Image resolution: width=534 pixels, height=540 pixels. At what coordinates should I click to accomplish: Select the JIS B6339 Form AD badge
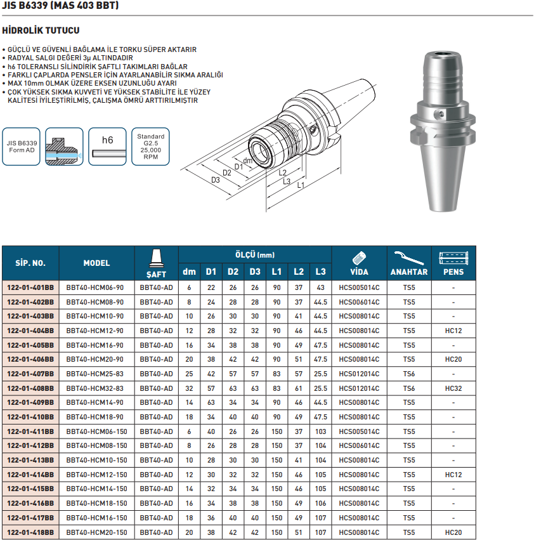pyautogui.click(x=22, y=147)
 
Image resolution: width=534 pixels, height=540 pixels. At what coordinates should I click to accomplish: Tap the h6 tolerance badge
pyautogui.click(x=108, y=147)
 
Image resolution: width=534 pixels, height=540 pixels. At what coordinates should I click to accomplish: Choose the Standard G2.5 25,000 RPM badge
pyautogui.click(x=151, y=147)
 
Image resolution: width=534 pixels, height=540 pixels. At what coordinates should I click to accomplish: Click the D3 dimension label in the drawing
pyautogui.click(x=216, y=180)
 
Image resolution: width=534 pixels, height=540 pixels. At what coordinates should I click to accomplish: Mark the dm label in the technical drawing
pyautogui.click(x=248, y=161)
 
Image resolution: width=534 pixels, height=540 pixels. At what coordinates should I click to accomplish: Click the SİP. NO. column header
pyautogui.click(x=30, y=263)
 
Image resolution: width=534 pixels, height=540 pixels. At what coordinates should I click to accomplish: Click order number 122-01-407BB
pyautogui.click(x=30, y=374)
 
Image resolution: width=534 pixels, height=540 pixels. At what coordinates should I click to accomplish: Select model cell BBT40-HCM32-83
pyautogui.click(x=95, y=388)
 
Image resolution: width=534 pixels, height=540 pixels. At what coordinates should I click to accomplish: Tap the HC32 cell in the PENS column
pyautogui.click(x=453, y=388)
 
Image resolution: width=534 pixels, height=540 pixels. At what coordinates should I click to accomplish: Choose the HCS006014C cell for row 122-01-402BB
pyautogui.click(x=359, y=301)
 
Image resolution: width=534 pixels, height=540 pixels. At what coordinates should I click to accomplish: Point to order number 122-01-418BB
pyautogui.click(x=30, y=532)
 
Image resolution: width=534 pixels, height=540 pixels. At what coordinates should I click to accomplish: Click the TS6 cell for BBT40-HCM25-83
pyautogui.click(x=409, y=374)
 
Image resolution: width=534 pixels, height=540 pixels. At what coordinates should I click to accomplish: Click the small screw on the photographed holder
pyautogui.click(x=441, y=114)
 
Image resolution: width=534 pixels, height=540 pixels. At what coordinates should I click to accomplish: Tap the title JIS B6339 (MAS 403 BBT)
pyautogui.click(x=60, y=6)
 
